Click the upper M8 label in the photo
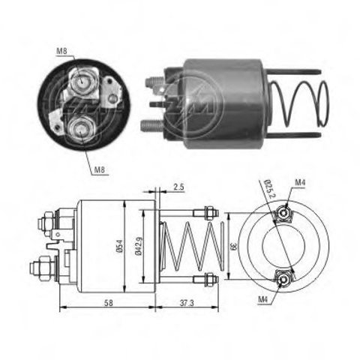(x=61, y=51)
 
